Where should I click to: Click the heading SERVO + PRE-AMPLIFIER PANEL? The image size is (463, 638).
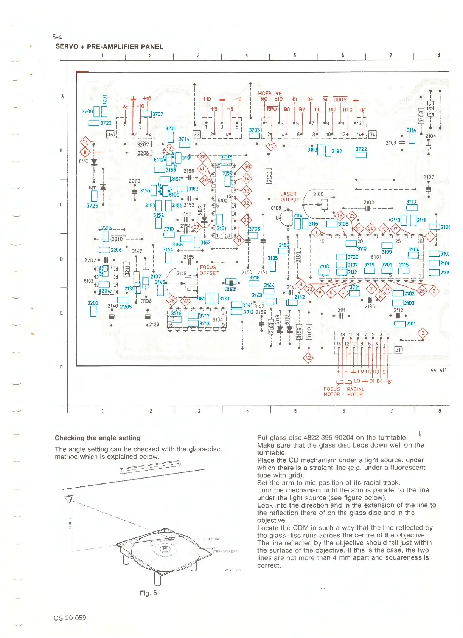coord(109,47)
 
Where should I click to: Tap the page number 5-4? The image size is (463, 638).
coord(57,37)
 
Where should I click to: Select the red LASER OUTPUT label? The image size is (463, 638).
coord(289,197)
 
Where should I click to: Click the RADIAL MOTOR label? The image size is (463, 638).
coord(355,392)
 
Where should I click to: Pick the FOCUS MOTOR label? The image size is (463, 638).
coord(332,392)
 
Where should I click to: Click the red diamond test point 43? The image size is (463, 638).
coord(271,146)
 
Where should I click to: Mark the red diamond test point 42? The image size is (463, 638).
coord(308,358)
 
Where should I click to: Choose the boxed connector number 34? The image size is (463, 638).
coord(373,134)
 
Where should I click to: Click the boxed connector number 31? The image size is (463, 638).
coord(398,350)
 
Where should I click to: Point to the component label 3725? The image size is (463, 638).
coord(92,206)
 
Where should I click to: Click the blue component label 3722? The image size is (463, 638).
coord(361,149)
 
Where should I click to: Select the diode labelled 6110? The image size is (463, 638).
coord(94,162)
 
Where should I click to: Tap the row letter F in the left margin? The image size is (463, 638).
coord(61,367)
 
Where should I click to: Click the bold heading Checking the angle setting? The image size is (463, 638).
coord(97,438)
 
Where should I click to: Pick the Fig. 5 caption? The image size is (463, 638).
coord(148,593)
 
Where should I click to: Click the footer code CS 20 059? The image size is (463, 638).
coord(70,618)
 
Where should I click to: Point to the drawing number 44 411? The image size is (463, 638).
coord(438,370)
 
